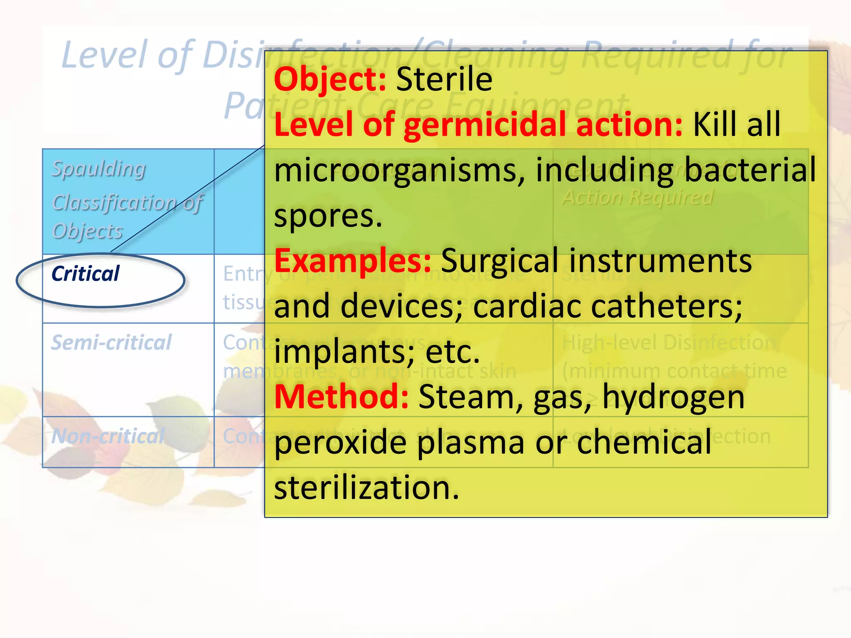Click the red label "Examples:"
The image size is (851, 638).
353,261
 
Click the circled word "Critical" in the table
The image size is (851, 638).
85,274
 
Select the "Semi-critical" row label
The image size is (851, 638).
111,343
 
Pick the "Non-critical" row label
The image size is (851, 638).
108,436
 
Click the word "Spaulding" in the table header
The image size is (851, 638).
98,169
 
